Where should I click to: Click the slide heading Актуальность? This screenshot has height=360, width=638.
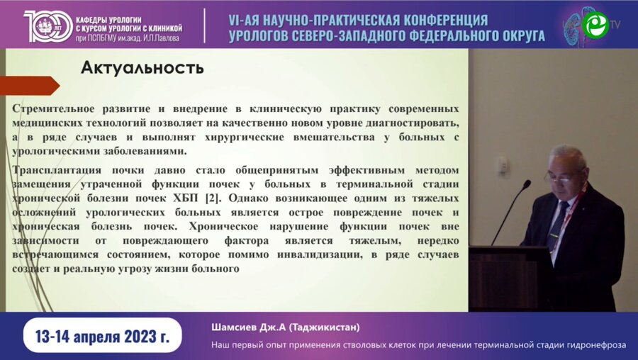142,68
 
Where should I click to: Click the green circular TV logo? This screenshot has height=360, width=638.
595,25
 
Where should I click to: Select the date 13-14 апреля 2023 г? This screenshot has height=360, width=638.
101,335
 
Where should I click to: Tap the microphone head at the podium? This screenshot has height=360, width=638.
526,184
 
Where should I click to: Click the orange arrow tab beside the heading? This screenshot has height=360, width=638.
28,85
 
